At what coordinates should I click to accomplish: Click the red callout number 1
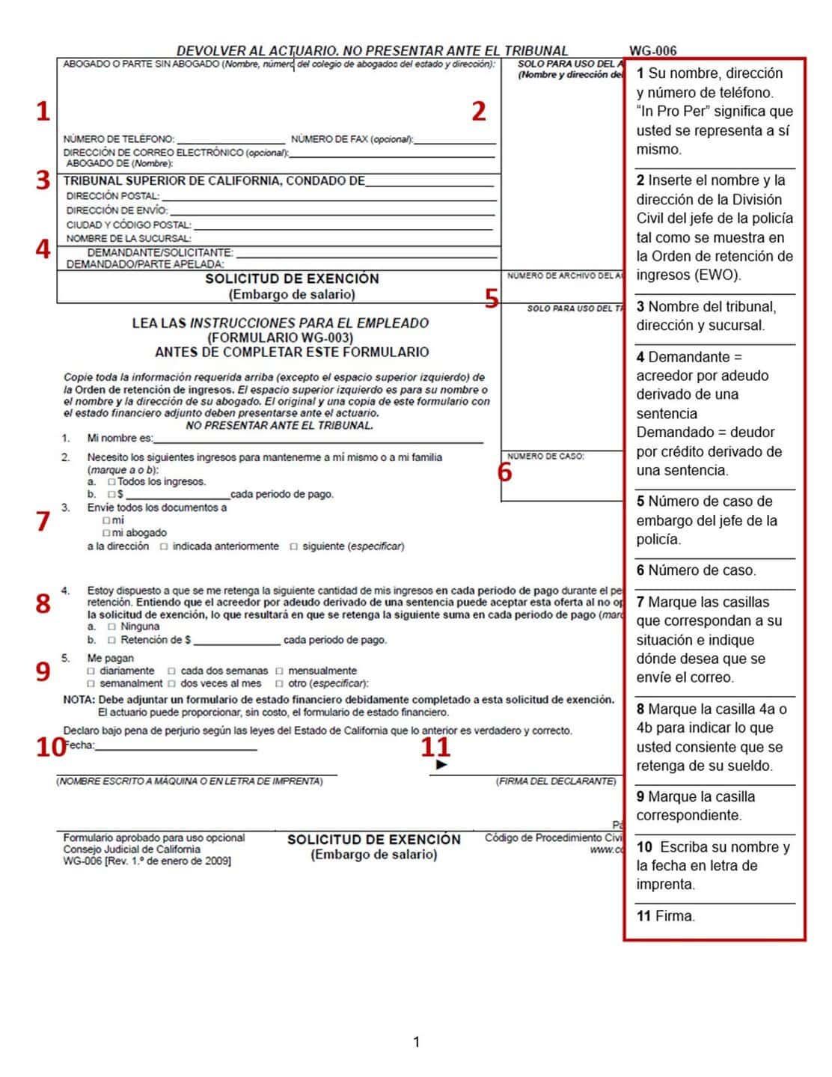[43, 111]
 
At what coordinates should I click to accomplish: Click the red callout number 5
[491, 299]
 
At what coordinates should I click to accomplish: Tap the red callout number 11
[435, 746]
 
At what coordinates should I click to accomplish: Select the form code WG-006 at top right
[652, 51]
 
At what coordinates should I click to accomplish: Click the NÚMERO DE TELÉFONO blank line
[231, 139]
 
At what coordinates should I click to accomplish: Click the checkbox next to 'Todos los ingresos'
[111, 482]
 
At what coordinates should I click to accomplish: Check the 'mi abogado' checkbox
[106, 533]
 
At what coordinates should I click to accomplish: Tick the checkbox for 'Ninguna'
[111, 626]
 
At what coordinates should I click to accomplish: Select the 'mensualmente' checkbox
[280, 671]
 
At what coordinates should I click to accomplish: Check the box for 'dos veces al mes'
[171, 683]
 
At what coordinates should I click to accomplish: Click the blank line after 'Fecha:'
[176, 745]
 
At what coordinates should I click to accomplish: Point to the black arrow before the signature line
[441, 764]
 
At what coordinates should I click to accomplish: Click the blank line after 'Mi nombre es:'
[318, 439]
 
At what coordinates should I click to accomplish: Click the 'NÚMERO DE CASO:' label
[545, 456]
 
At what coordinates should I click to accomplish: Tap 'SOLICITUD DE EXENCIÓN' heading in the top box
[292, 278]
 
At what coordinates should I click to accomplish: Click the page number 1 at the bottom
[416, 1041]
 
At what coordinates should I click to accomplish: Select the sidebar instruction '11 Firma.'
[665, 915]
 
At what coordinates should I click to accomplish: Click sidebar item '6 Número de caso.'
[696, 570]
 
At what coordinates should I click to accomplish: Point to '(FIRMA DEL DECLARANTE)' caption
[556, 781]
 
